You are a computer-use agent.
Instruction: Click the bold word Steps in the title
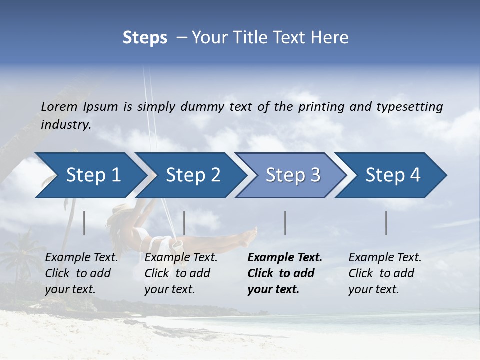(145, 38)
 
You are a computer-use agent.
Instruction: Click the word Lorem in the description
(59, 106)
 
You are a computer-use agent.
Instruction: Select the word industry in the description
(65, 124)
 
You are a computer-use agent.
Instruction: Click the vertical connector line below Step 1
(84, 223)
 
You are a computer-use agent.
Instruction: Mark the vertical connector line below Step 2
(184, 223)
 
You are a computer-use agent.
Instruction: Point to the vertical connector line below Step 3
(285, 223)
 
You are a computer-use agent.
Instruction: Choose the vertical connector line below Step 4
(386, 223)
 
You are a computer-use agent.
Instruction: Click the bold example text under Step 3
(284, 273)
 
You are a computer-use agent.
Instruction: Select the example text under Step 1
(81, 273)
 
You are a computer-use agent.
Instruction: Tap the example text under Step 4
(384, 273)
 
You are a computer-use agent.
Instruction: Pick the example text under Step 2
(180, 273)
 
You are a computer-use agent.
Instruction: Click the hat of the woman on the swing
(120, 210)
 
